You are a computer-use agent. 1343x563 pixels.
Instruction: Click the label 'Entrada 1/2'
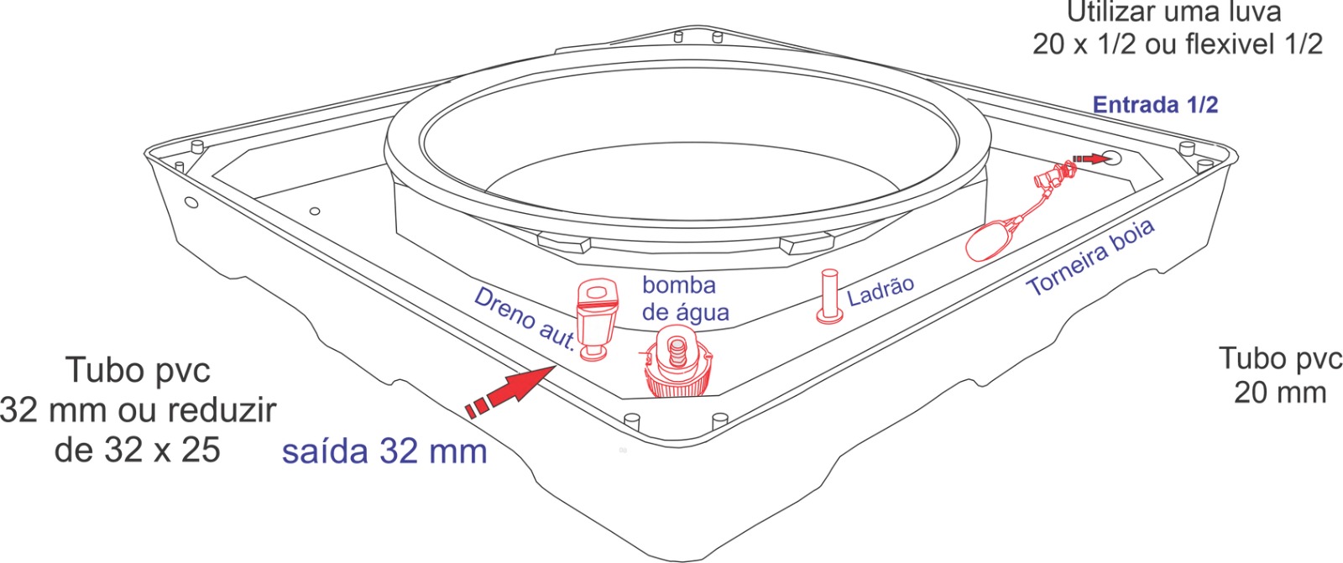[x=1155, y=105]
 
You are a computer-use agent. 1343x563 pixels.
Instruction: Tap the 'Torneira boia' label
[x=1091, y=258]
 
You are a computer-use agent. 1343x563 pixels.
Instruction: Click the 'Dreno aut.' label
[x=525, y=319]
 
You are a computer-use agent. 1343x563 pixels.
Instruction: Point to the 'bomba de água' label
[x=685, y=299]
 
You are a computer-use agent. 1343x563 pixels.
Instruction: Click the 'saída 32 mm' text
[x=384, y=451]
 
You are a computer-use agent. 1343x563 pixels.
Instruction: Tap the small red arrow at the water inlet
[x=1091, y=159]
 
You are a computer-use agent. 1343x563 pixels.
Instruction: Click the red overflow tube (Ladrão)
[x=830, y=296]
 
